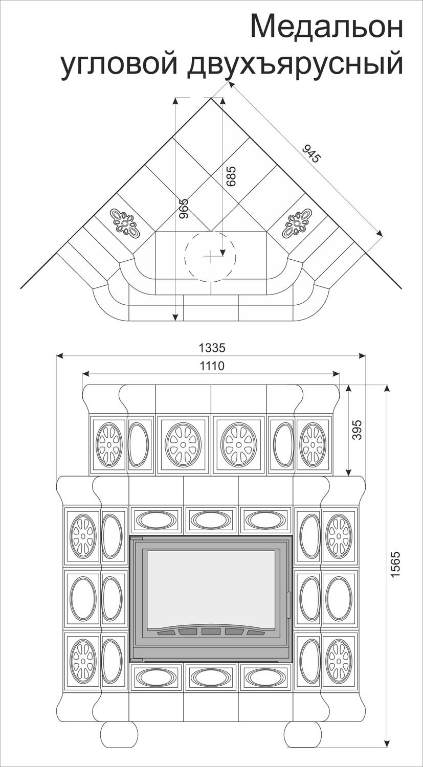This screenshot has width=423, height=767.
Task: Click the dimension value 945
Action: pos(311,154)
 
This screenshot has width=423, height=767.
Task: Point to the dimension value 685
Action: pos(232,176)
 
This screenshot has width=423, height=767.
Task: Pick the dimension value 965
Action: pos(184,208)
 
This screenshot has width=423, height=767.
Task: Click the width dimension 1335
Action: pos(212,348)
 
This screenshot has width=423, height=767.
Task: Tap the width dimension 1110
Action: pos(212,366)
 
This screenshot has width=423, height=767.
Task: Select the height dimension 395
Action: pos(357,430)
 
